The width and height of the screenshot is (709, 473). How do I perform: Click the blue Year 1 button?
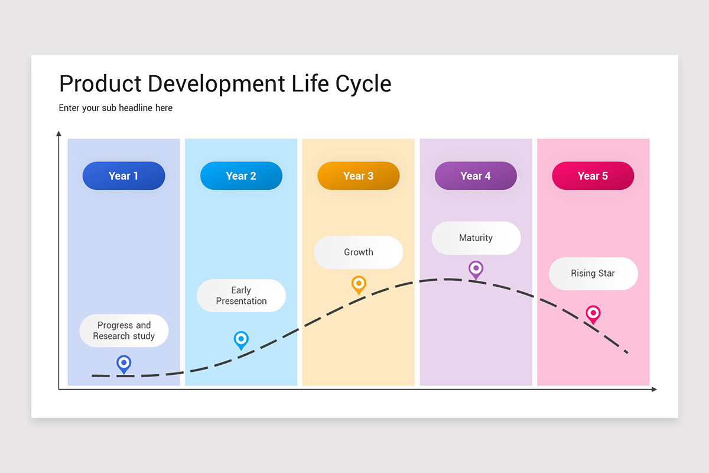point(123,176)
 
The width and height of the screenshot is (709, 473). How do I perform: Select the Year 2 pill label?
point(241,176)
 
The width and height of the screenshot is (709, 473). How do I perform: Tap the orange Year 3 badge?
point(358,176)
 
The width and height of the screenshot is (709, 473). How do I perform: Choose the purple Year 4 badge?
point(476,176)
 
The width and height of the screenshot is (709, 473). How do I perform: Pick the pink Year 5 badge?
point(593,176)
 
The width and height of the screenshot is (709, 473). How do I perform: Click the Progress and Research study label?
point(124,331)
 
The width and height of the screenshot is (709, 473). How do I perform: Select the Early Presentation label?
point(241,296)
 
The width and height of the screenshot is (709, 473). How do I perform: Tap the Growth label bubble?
point(358,252)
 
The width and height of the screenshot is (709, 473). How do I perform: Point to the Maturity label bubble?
point(476,238)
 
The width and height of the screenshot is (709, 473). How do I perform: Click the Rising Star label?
point(593,273)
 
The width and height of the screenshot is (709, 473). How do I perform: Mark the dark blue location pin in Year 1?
point(123,363)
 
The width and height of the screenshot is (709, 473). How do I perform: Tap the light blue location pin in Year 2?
point(241,339)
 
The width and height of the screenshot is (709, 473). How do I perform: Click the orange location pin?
point(359,284)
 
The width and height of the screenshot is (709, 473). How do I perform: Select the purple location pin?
point(476,269)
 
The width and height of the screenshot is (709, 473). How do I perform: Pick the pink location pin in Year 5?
point(593,313)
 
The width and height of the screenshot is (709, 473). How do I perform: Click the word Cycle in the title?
point(363,84)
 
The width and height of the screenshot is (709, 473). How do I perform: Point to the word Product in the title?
point(100,84)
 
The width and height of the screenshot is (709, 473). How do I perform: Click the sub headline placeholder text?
point(116,108)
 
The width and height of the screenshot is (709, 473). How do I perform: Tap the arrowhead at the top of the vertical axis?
point(58,134)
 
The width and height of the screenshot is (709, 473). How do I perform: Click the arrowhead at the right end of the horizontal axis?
point(653,389)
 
